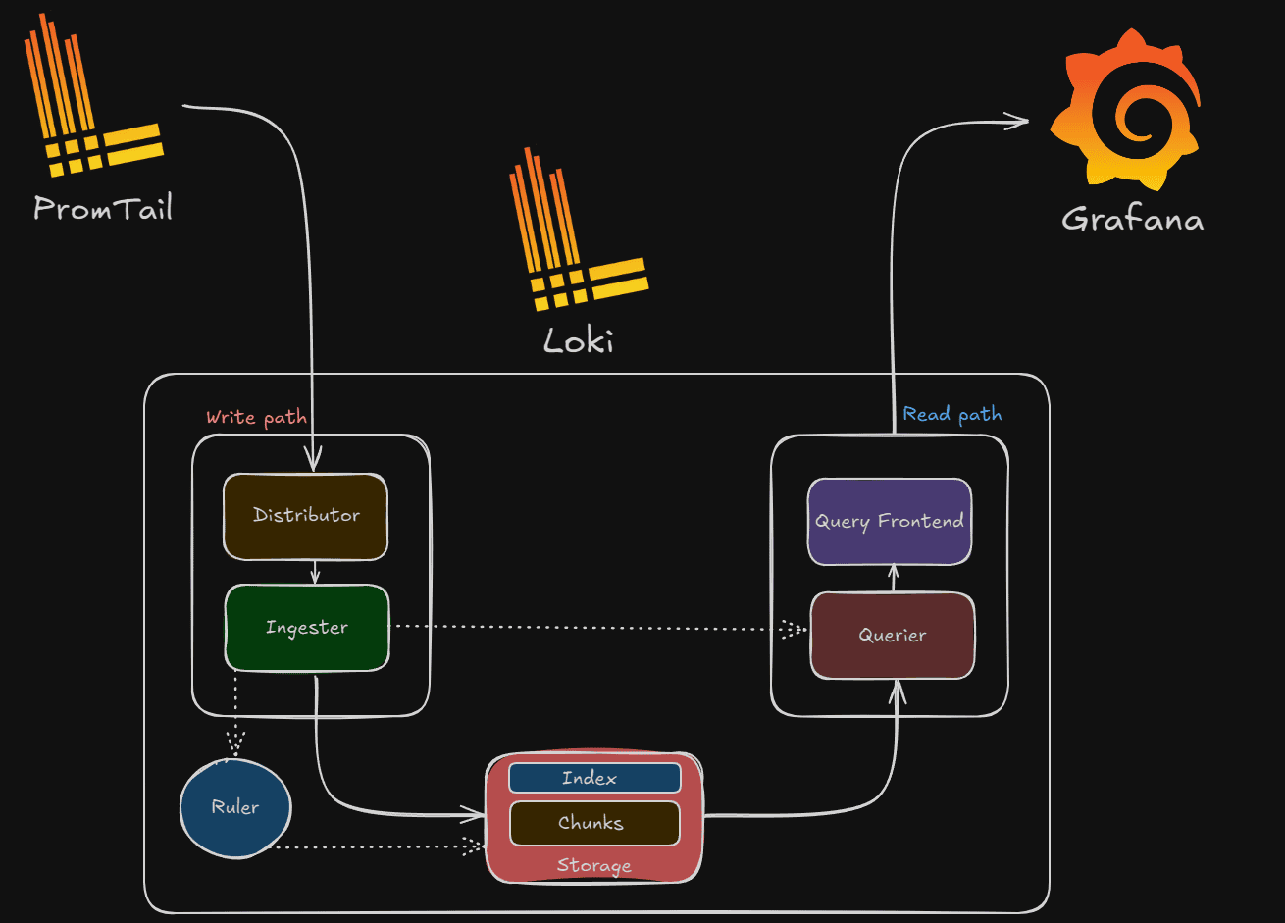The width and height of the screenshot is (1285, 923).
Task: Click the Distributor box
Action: (x=305, y=516)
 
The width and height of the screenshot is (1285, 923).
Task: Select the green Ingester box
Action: (x=306, y=628)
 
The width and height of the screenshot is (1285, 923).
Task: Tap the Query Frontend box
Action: (x=889, y=521)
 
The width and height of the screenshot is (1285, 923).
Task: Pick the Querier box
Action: (x=892, y=635)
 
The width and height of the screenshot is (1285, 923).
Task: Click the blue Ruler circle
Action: (x=235, y=808)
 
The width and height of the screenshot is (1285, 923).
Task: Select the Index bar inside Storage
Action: (x=593, y=778)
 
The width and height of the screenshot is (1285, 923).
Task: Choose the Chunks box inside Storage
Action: (x=593, y=823)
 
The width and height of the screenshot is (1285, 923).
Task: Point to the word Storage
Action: (x=593, y=865)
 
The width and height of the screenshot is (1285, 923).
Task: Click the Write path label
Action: (x=256, y=417)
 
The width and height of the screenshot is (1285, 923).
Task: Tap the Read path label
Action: (x=951, y=414)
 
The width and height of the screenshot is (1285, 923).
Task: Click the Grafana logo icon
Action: (x=1126, y=108)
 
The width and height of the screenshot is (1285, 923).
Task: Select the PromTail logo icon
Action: (x=93, y=98)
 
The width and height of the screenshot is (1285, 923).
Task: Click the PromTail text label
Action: (x=103, y=208)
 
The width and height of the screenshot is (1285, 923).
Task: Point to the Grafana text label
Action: (x=1132, y=218)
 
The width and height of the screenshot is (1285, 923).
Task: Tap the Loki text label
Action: (x=579, y=340)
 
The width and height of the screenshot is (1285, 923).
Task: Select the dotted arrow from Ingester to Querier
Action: (x=589, y=628)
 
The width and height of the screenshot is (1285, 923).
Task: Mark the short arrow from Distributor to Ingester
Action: (x=313, y=572)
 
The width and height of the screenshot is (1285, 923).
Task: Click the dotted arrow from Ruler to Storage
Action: (x=373, y=846)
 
